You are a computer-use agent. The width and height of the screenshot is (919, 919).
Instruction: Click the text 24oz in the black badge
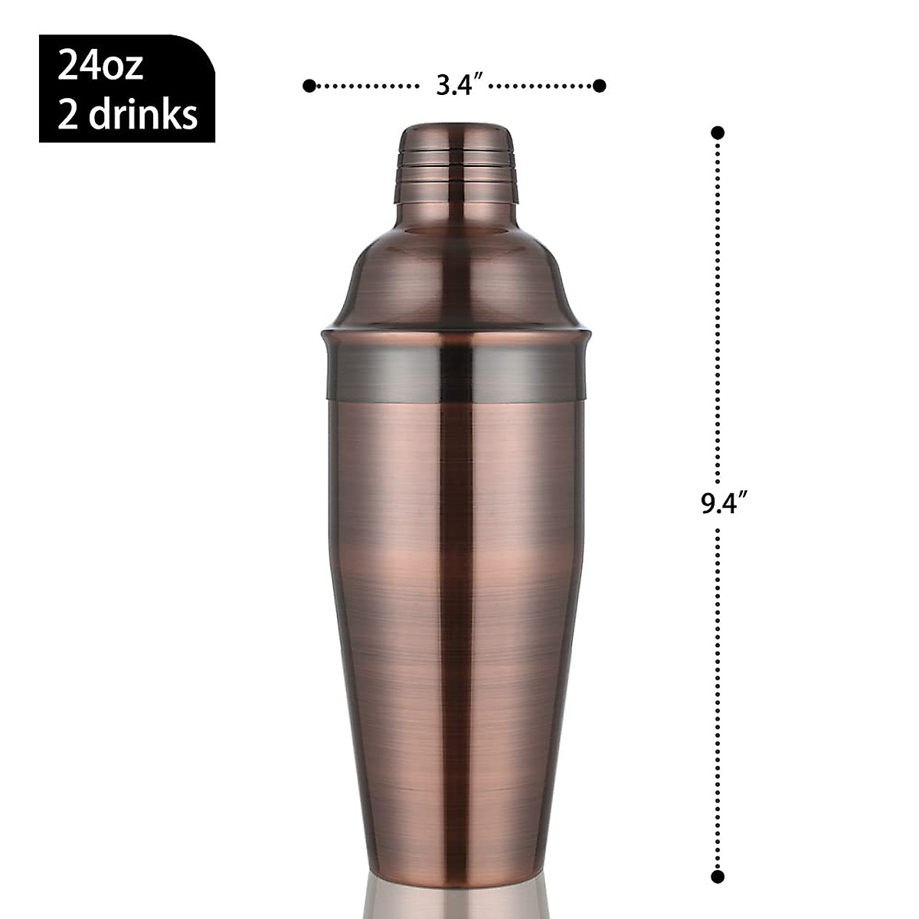tap(100, 67)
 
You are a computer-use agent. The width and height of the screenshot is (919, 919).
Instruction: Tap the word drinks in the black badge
tap(143, 114)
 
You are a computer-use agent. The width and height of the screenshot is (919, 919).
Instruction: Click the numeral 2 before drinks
tap(68, 114)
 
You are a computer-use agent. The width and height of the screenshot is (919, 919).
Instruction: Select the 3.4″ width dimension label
tap(457, 86)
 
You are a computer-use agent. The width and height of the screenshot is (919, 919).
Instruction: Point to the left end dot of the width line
tap(309, 86)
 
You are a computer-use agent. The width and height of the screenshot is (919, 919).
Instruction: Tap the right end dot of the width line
tap(600, 86)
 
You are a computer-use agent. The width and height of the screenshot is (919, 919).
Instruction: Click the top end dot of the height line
tap(718, 132)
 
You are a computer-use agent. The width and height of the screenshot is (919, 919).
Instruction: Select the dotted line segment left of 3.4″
tap(364, 86)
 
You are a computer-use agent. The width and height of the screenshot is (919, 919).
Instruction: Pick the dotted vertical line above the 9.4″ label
tap(718, 306)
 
